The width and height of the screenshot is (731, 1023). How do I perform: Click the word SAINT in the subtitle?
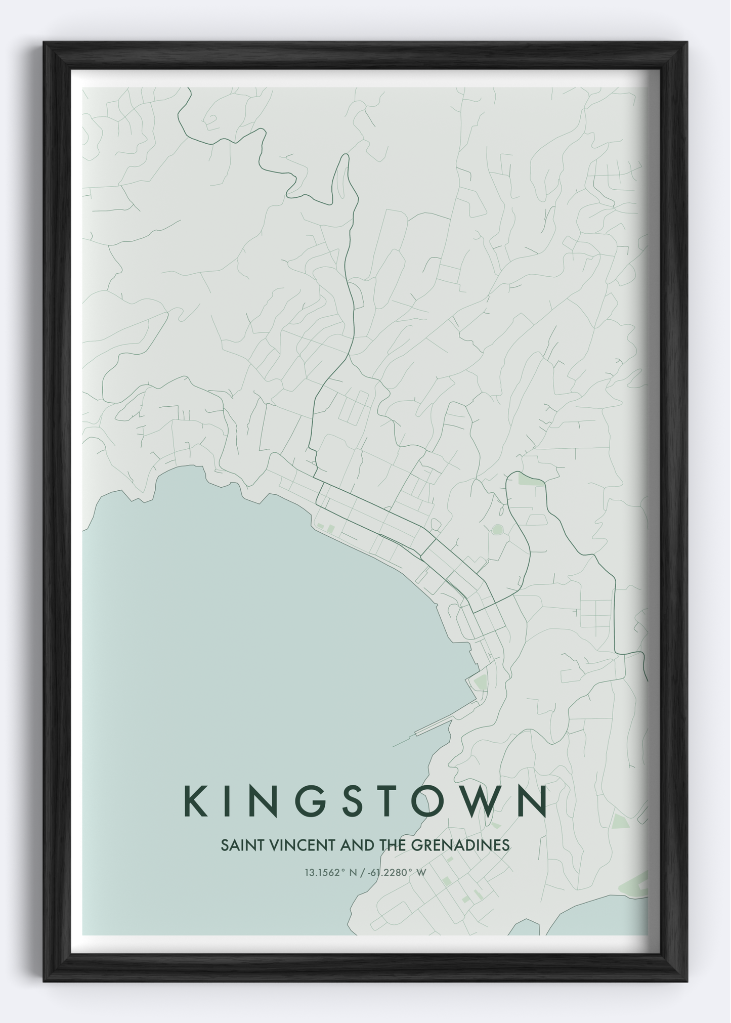tap(238, 845)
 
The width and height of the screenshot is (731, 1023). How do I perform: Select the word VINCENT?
tap(291, 845)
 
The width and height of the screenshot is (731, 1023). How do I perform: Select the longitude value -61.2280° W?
tap(397, 872)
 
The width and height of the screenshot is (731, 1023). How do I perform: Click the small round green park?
tap(497, 529)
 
